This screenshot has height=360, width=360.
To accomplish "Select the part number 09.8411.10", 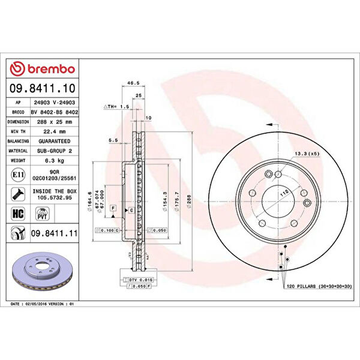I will coord(42,88).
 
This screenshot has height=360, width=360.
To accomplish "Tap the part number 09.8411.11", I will coord(52,232).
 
